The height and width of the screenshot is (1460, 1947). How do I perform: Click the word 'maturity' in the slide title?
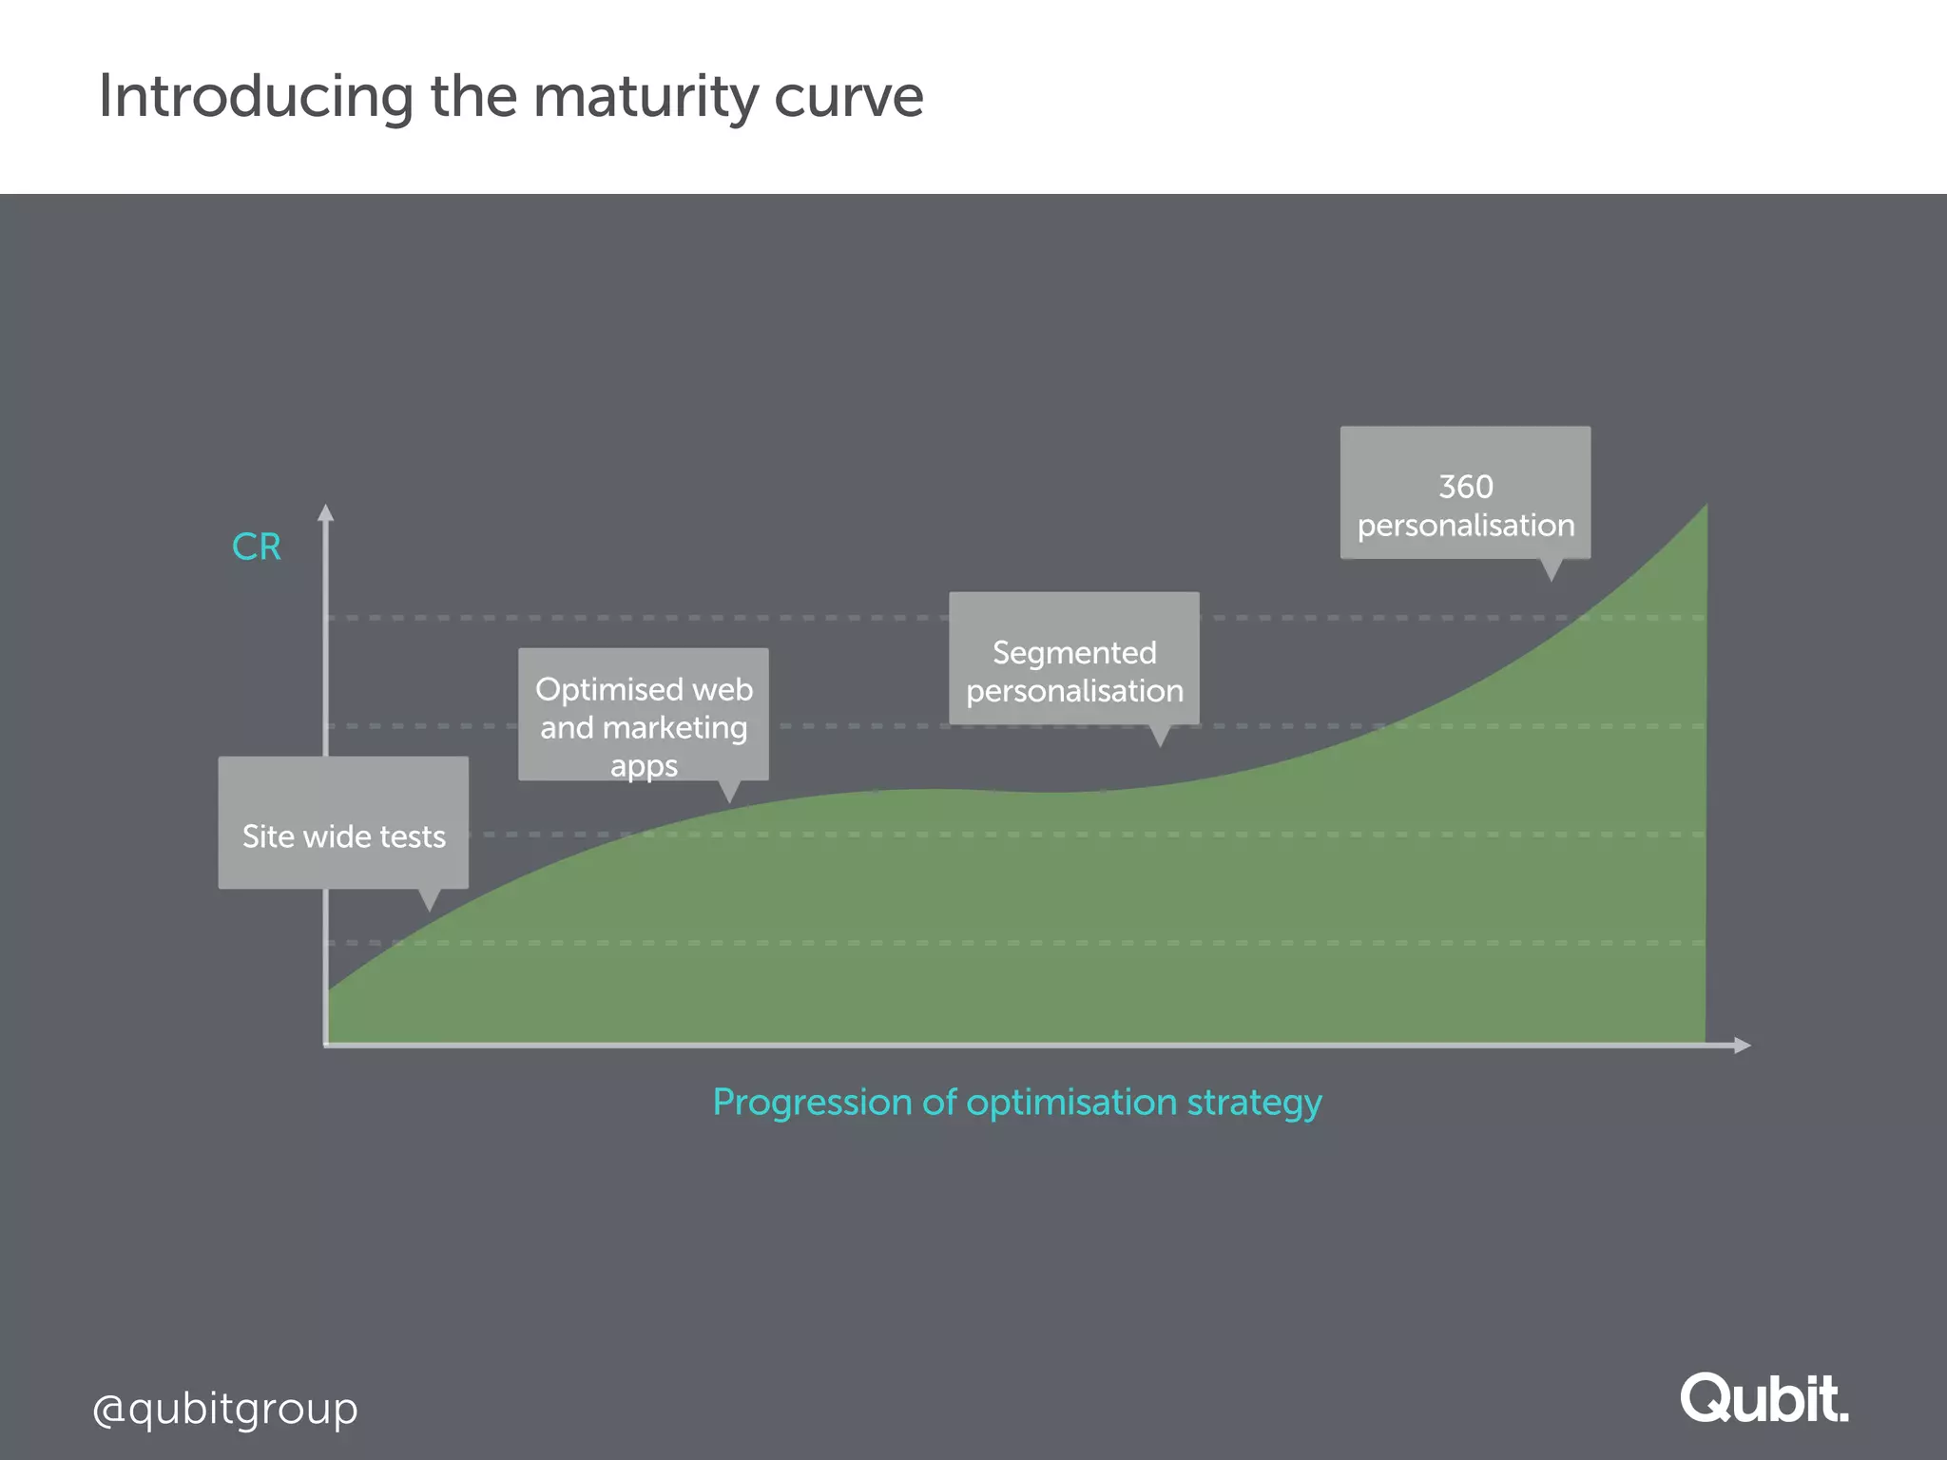(645, 98)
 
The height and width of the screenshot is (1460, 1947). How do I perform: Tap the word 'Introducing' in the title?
(256, 98)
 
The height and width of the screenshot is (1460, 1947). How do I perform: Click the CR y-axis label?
(257, 547)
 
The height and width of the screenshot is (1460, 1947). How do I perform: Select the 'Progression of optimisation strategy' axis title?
(1016, 1103)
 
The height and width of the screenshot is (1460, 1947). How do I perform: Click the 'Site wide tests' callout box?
(343, 823)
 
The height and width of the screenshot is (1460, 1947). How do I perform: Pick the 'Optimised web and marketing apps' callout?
(644, 715)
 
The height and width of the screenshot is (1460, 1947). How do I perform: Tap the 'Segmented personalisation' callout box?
(1074, 659)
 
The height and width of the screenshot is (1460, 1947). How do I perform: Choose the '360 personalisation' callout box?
(1465, 492)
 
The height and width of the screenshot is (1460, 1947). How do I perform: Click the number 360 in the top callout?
(1465, 487)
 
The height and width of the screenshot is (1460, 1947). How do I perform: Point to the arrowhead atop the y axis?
(325, 512)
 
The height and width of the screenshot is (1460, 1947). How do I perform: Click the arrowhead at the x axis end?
(1742, 1046)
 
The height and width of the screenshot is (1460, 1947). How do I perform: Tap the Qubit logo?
(1764, 1399)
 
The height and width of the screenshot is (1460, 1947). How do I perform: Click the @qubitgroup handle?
(225, 1409)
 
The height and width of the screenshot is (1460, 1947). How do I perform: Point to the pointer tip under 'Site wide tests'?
(429, 908)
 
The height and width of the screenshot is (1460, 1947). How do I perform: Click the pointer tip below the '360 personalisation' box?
(1551, 578)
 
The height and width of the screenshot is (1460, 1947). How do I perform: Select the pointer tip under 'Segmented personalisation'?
(1160, 743)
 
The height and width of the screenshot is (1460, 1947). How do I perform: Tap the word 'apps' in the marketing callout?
(644, 766)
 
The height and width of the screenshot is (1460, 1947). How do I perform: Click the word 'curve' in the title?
(848, 98)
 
